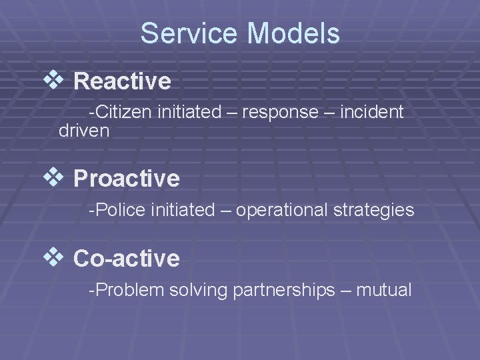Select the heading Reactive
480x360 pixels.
[122, 82]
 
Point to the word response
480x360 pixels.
[280, 112]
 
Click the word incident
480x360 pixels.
[371, 112]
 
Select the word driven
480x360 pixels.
[84, 131]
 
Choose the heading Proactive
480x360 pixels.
[126, 179]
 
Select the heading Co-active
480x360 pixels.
[126, 258]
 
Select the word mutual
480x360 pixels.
[384, 290]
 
